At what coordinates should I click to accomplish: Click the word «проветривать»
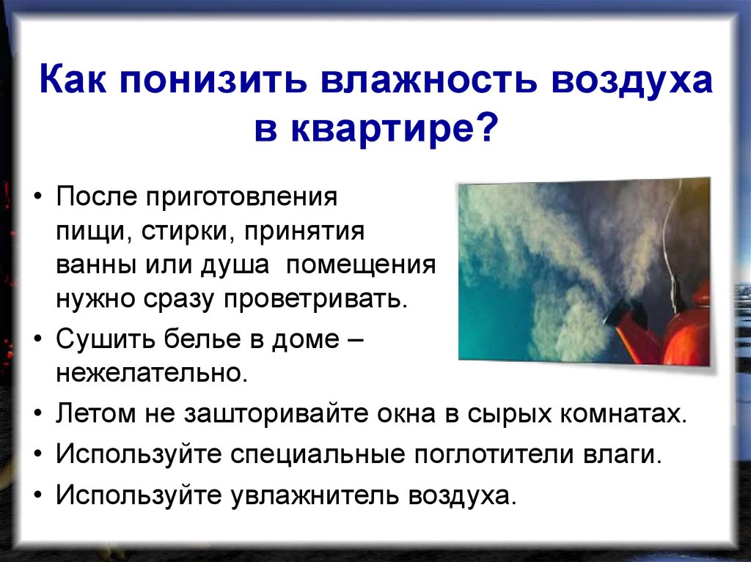[x=323, y=298]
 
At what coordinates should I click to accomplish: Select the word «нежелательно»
[x=150, y=373]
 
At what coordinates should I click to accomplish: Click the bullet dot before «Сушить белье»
[x=38, y=341]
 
